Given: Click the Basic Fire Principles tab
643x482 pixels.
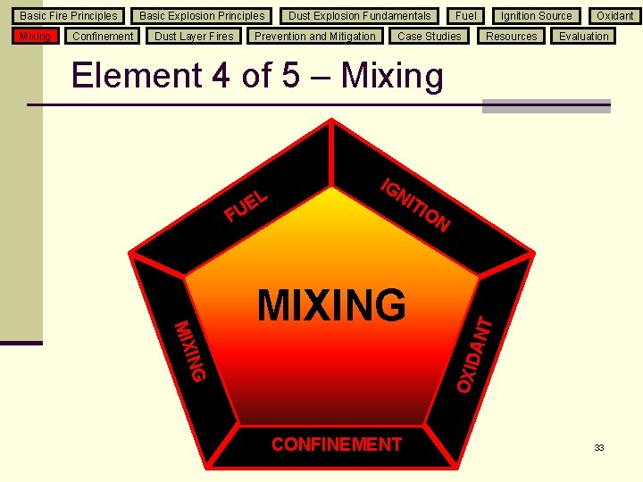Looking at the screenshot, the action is [x=69, y=15].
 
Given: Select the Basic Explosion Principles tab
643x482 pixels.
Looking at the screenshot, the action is [x=202, y=15].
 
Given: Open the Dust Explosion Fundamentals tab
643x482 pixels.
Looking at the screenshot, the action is [x=359, y=15].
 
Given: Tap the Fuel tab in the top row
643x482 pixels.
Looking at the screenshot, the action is [x=465, y=15].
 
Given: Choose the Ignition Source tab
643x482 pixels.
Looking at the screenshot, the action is [x=536, y=15].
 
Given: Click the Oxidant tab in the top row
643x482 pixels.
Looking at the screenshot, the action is [x=615, y=15].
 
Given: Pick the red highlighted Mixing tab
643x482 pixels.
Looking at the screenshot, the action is [x=36, y=36].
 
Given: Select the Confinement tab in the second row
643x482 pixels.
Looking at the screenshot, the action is [x=103, y=36].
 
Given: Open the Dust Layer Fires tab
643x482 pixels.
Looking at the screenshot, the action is [x=194, y=36].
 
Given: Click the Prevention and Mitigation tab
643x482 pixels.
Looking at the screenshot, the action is [x=315, y=36].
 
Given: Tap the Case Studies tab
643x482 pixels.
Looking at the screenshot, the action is [x=430, y=36].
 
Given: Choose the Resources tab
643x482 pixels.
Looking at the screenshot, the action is [x=512, y=36].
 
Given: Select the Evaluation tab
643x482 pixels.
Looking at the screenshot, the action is [x=584, y=36].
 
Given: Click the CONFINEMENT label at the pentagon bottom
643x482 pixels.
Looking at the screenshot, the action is [x=337, y=445].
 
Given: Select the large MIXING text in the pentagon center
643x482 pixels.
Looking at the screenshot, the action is [x=331, y=305].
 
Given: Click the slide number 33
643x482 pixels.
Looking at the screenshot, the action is [x=599, y=447].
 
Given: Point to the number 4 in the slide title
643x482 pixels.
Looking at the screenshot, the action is [x=221, y=76].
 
